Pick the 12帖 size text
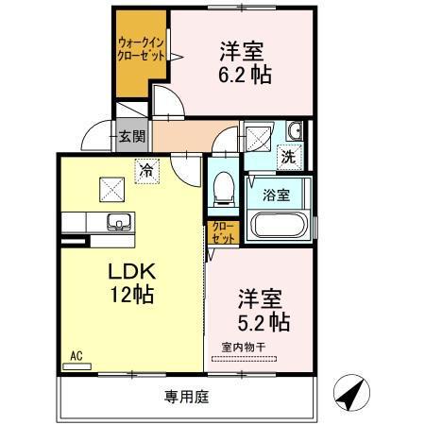[132, 294]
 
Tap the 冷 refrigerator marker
[146, 171]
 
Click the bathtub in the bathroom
[279, 228]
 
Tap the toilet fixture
[224, 186]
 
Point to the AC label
[76, 357]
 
